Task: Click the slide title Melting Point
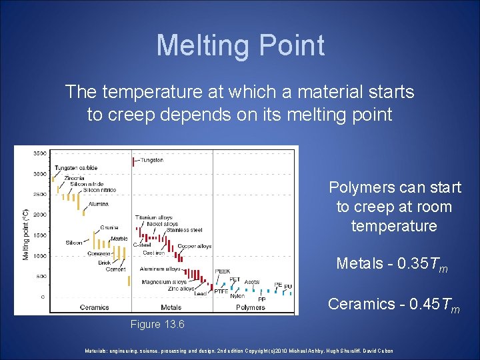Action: pos(240,45)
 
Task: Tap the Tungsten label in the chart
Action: pos(152,160)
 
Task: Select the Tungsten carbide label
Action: pos(76,167)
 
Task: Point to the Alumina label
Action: pos(98,204)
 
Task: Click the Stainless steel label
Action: pos(187,230)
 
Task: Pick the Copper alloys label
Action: pos(195,246)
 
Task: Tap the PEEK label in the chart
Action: pos(223,271)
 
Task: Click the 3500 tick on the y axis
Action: pos(39,153)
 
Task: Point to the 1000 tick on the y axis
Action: pos(39,255)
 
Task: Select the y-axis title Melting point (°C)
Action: pos(25,225)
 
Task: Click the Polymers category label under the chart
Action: pos(250,307)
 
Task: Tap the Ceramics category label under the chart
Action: pos(94,307)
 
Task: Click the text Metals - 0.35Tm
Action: pos(392,264)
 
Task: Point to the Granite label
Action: pos(109,227)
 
